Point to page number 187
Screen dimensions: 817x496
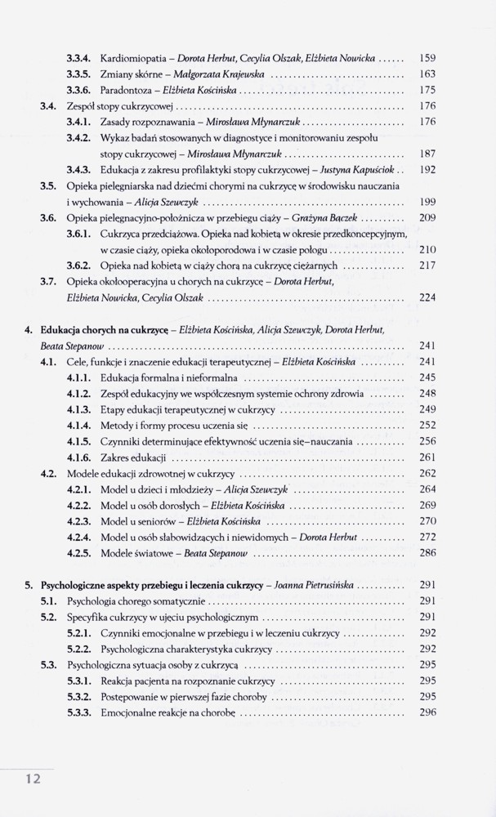pyautogui.click(x=427, y=153)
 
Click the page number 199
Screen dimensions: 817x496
pyautogui.click(x=427, y=200)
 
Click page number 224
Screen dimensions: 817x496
pyautogui.click(x=427, y=298)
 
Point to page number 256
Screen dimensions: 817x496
pyautogui.click(x=427, y=440)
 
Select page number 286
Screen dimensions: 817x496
pyautogui.click(x=427, y=552)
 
